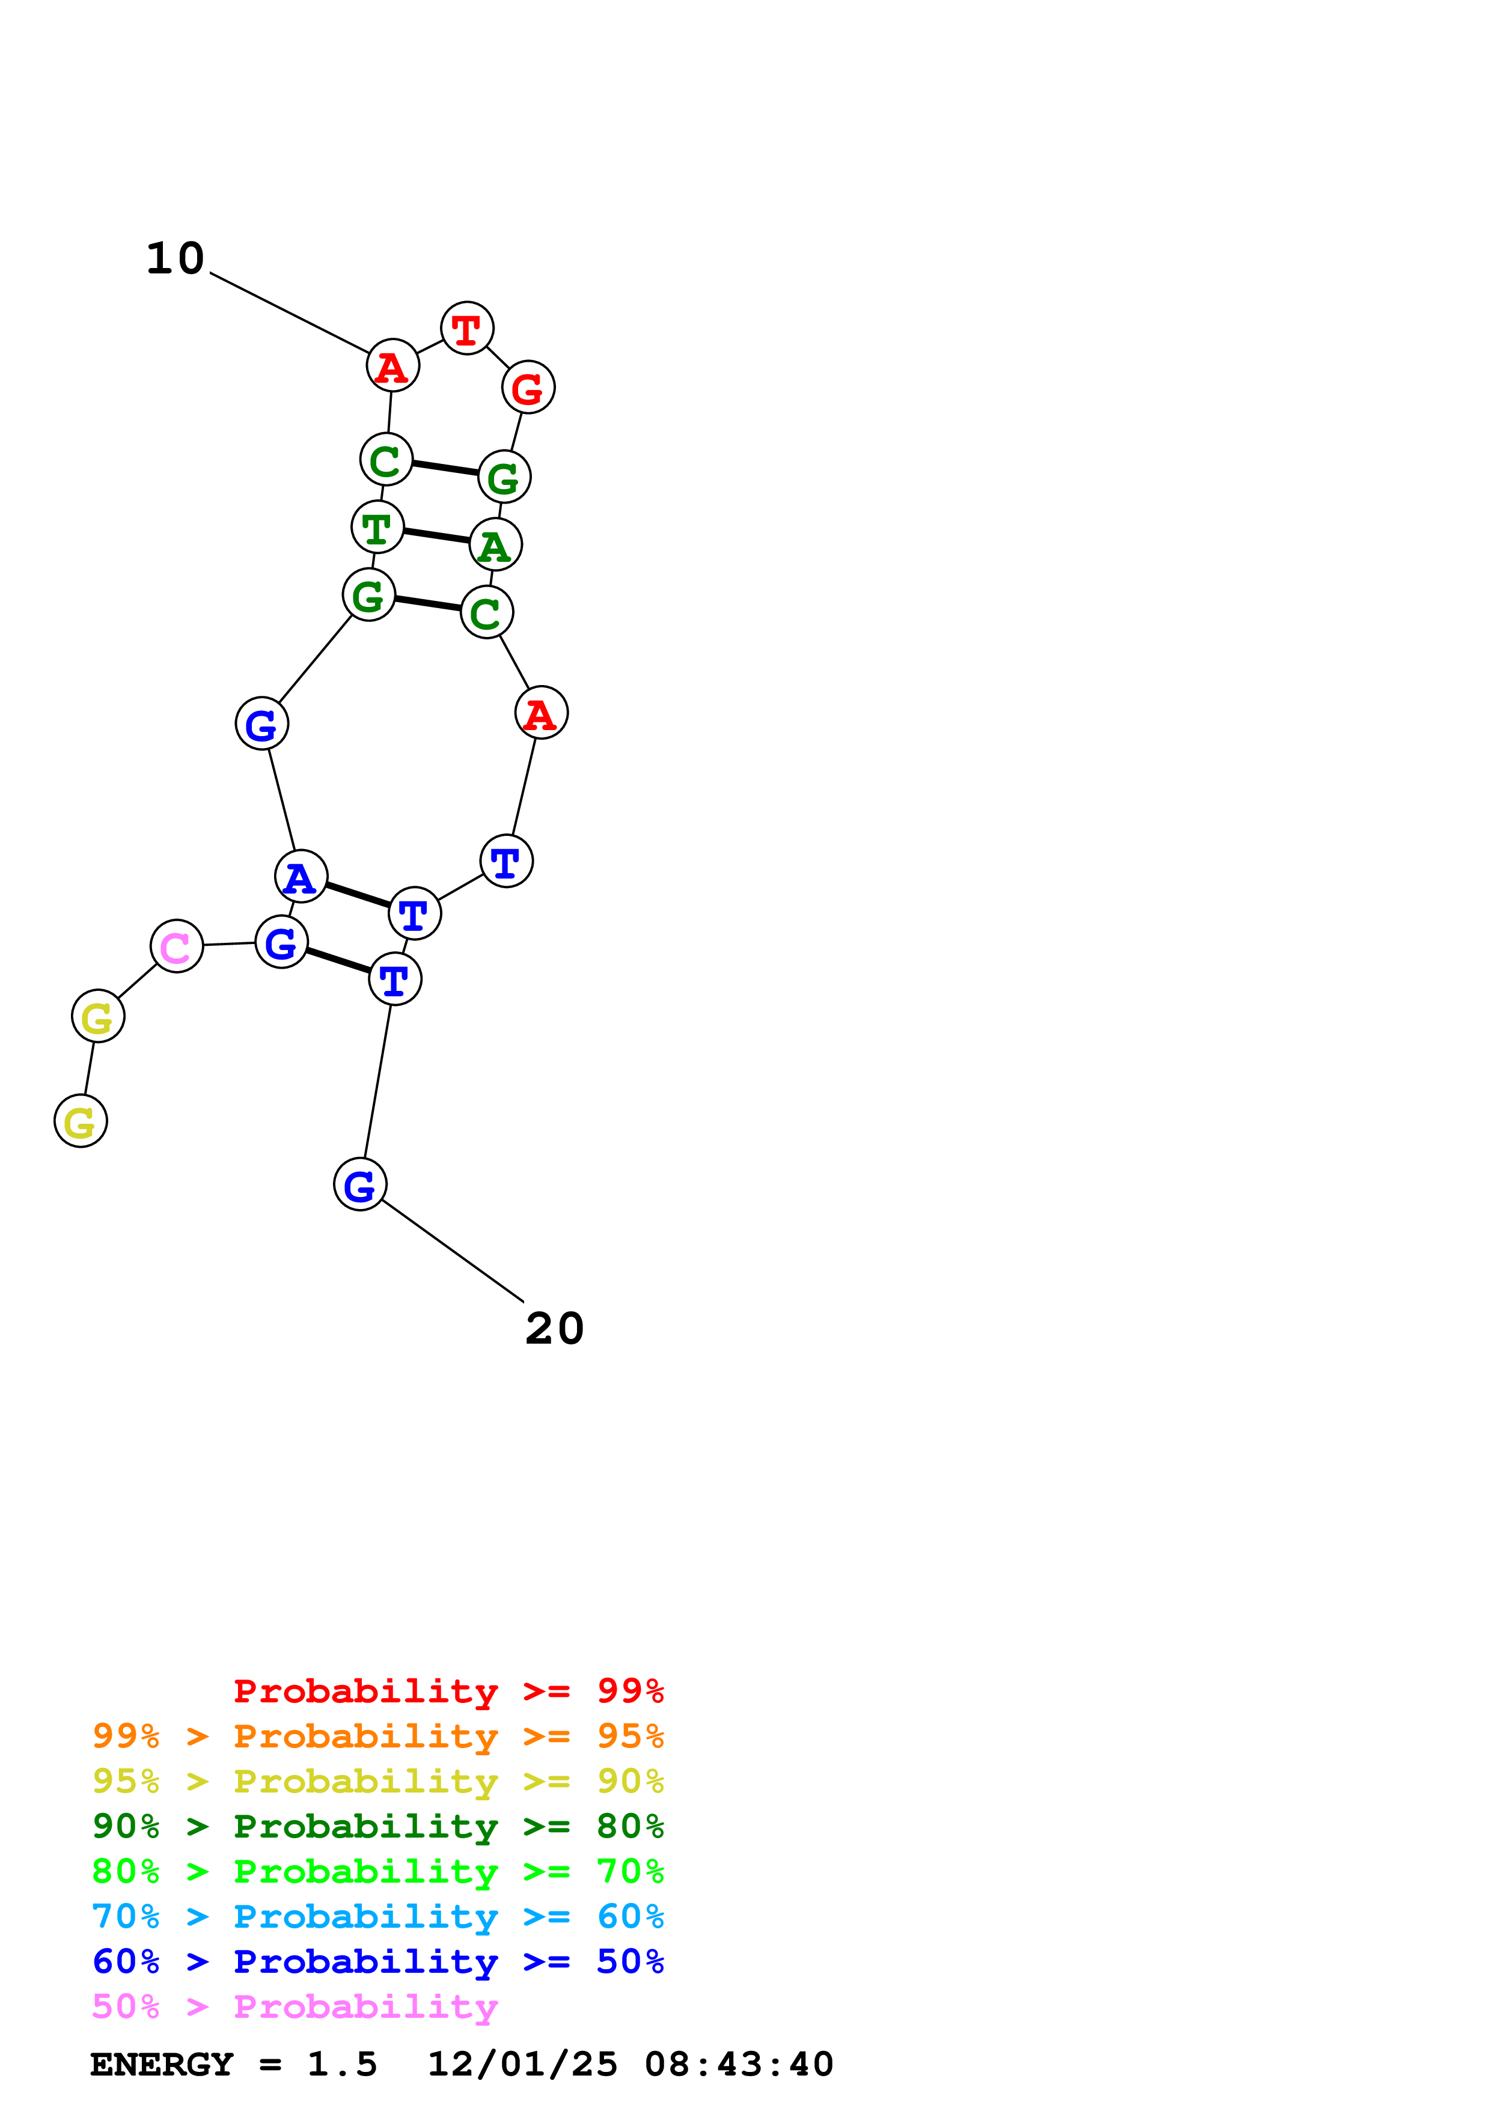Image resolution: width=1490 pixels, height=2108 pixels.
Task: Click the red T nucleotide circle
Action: pos(466,327)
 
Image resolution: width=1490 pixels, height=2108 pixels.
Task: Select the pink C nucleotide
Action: pos(176,946)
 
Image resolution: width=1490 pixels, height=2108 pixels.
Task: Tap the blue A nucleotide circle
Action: pos(300,877)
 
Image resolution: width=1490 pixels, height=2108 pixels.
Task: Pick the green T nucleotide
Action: pos(376,527)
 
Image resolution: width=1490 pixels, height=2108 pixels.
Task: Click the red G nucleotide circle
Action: pos(528,388)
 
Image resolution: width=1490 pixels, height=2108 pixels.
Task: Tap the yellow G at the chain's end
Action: pos(81,1121)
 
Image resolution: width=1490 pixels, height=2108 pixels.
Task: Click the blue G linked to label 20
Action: pos(360,1184)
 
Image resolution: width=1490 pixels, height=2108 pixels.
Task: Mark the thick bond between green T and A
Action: pos(436,536)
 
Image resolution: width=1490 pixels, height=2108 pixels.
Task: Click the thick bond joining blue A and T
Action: pos(358,895)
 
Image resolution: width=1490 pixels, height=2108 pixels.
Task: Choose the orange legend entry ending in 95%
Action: pos(377,1735)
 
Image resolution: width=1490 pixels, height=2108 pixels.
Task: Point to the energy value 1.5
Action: pos(341,2064)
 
